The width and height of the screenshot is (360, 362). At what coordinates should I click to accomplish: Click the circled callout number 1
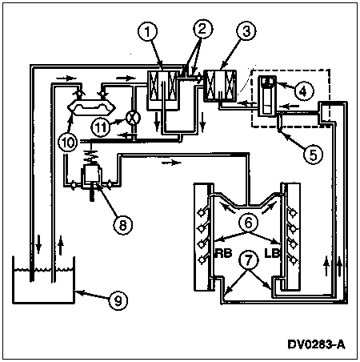pyautogui.click(x=147, y=32)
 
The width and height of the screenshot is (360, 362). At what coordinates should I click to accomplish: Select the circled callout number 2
pyautogui.click(x=202, y=29)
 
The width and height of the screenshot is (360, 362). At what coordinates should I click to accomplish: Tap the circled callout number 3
pyautogui.click(x=246, y=31)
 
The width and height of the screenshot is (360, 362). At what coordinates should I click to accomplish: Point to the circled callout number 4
pyautogui.click(x=304, y=91)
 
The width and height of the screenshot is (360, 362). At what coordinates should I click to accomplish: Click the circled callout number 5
pyautogui.click(x=313, y=155)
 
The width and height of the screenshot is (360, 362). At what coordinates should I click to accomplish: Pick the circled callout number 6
pyautogui.click(x=248, y=223)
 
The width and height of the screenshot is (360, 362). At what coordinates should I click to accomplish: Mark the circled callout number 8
pyautogui.click(x=123, y=225)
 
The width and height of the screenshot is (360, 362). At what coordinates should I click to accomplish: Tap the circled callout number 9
pyautogui.click(x=118, y=300)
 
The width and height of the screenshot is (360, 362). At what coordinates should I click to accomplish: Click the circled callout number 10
pyautogui.click(x=68, y=142)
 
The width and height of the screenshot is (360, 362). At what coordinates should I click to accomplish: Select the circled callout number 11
pyautogui.click(x=101, y=127)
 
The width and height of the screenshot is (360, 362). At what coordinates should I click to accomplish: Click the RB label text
pyautogui.click(x=223, y=253)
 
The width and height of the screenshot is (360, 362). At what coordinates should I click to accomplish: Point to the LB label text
pyautogui.click(x=272, y=253)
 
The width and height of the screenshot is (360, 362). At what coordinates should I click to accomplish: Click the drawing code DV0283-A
pyautogui.click(x=317, y=344)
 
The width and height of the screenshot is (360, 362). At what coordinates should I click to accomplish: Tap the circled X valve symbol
pyautogui.click(x=133, y=118)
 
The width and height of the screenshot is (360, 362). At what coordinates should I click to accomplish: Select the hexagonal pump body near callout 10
pyautogui.click(x=91, y=107)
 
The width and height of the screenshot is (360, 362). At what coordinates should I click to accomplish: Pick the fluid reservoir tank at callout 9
pyautogui.click(x=43, y=280)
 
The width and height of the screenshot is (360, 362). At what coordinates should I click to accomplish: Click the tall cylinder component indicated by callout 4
pyautogui.click(x=267, y=96)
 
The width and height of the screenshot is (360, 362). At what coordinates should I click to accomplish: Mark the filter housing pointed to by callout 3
pyautogui.click(x=220, y=86)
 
